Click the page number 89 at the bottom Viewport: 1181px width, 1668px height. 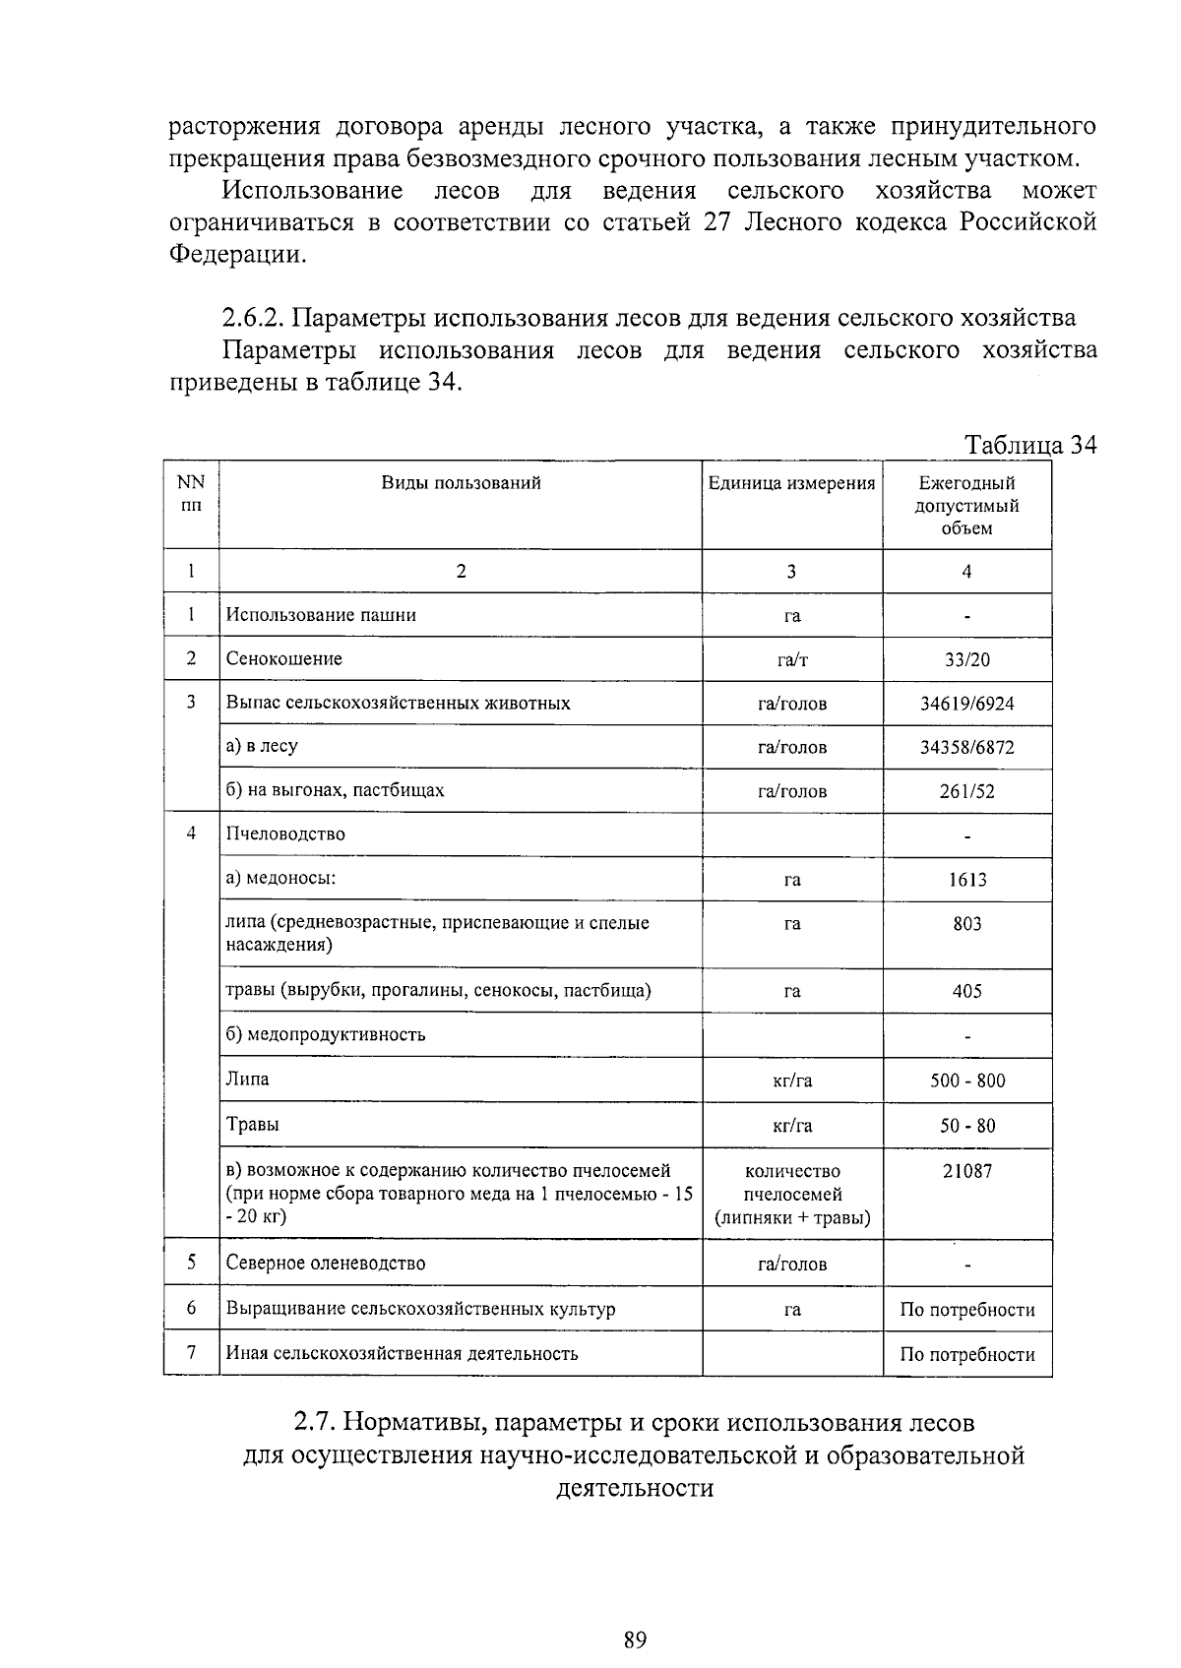634,1639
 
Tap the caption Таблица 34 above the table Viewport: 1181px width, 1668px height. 1030,445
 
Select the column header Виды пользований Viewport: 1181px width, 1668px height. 461,483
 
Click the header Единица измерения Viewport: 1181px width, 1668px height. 791,483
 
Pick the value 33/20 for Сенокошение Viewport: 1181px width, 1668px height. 966,659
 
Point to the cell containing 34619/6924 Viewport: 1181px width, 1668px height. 966,704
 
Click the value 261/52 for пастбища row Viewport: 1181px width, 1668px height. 966,791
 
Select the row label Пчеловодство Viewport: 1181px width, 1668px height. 285,834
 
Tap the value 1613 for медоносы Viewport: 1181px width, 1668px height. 966,880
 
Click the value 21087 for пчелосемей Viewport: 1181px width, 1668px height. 966,1171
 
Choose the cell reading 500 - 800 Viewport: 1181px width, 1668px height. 966,1081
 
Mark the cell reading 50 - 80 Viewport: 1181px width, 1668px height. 966,1126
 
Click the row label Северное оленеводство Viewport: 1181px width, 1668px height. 326,1263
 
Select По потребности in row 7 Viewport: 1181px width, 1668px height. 966,1354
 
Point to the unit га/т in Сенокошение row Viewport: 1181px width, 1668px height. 791,660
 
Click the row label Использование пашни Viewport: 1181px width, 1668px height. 321,615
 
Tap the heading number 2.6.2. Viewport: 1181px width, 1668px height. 254,319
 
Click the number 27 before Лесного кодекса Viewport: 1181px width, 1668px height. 719,222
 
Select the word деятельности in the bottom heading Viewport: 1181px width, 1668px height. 634,1487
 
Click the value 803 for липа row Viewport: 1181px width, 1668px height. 966,924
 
